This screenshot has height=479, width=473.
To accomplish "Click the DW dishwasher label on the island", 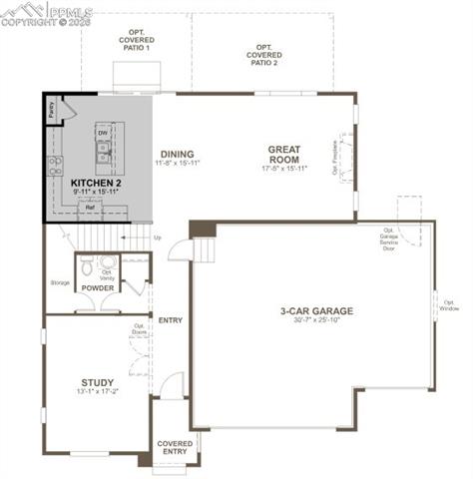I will pos(103,133).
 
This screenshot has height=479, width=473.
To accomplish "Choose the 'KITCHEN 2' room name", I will pos(96,184).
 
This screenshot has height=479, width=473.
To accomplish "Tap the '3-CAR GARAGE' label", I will pos(316,310).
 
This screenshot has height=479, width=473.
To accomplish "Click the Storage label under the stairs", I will pos(60,282).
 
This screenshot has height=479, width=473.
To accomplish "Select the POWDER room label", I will pos(97,288).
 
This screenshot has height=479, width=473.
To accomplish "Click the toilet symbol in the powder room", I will pos(88,266).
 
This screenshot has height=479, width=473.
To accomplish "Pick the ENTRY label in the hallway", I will pos(170,319).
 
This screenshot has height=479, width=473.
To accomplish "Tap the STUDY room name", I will pos(97,382).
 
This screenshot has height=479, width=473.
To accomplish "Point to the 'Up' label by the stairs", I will pos(157,238).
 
